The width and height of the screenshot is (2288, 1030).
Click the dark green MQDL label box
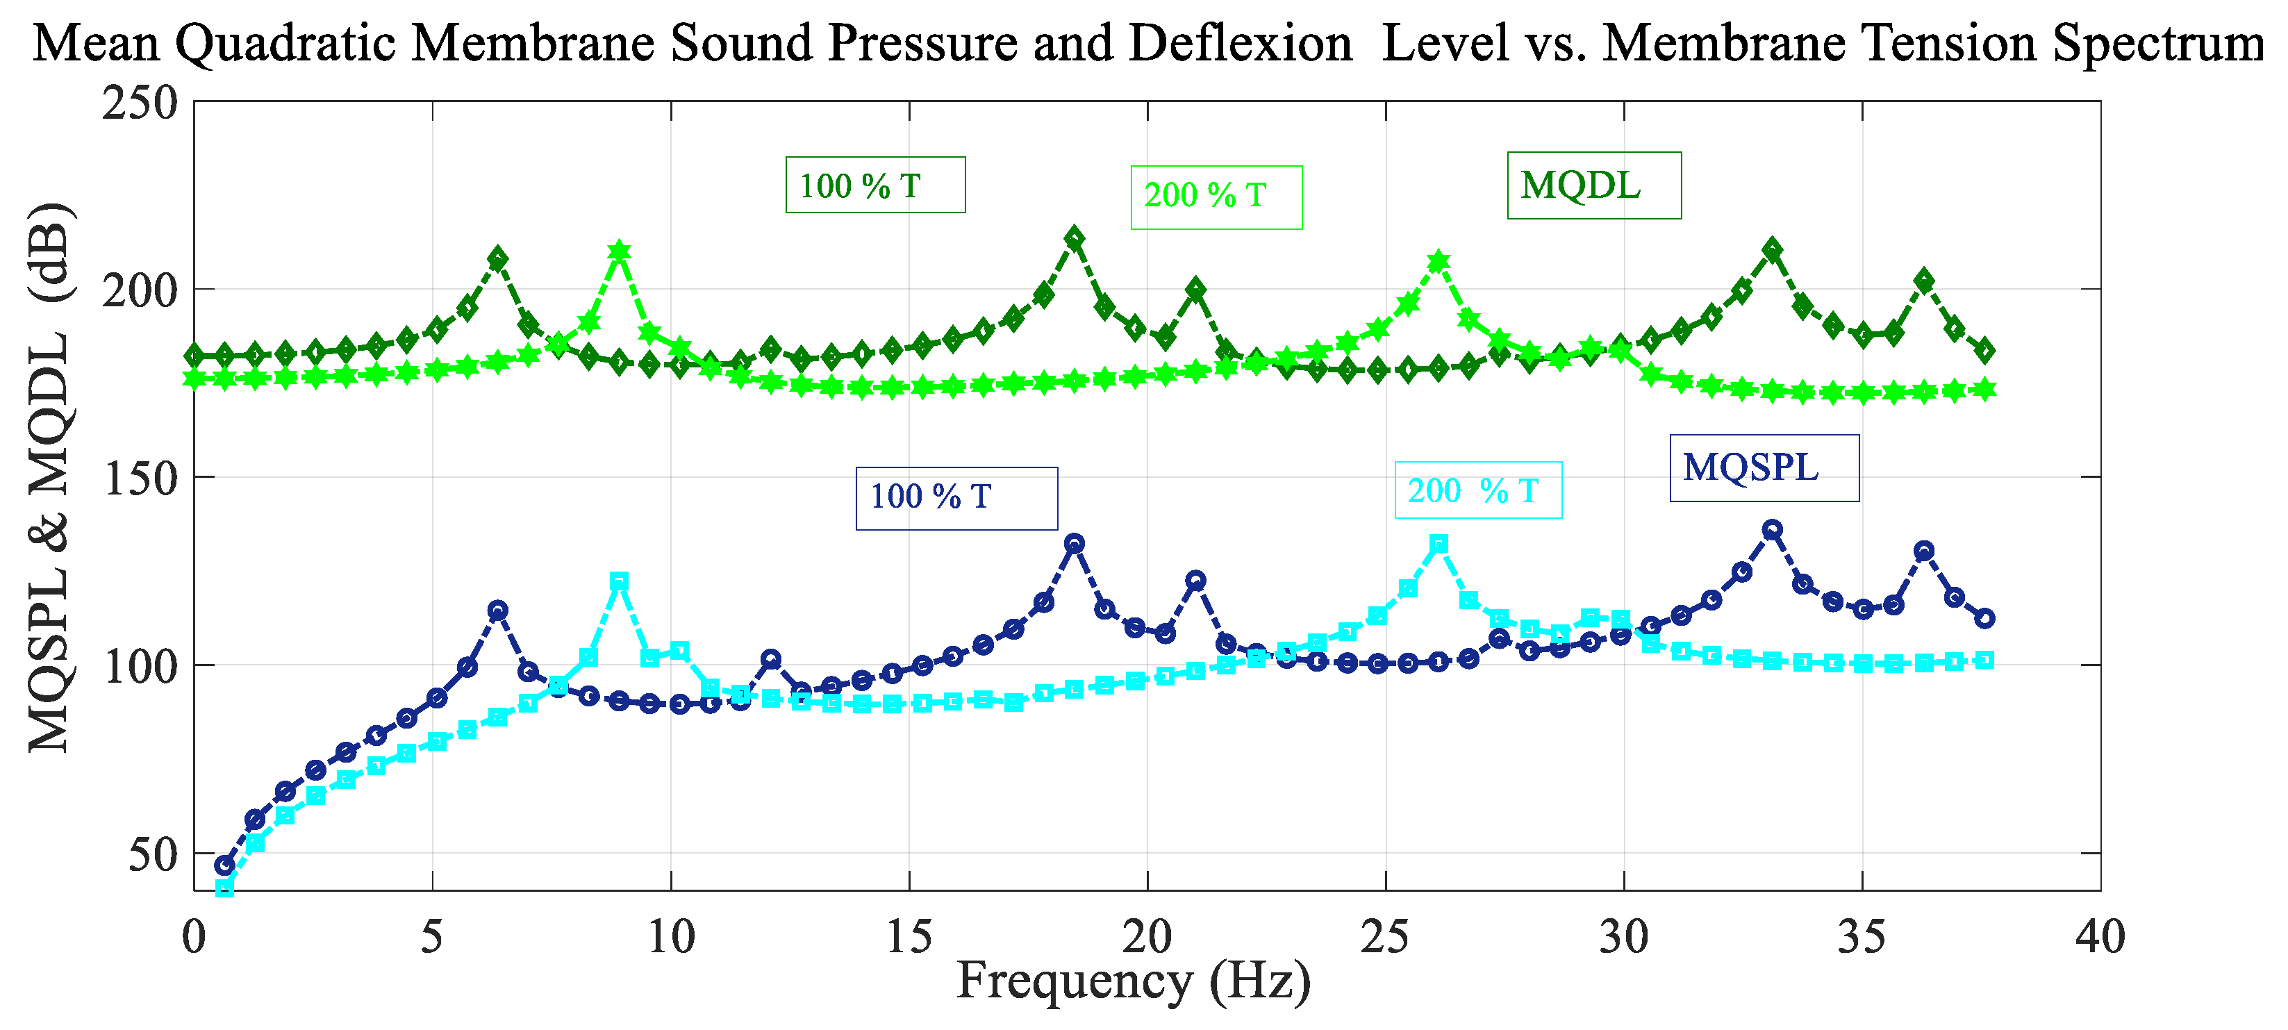coord(1593,185)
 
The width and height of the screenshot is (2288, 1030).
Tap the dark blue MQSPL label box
coord(1764,468)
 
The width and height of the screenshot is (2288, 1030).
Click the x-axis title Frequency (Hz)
coord(1134,981)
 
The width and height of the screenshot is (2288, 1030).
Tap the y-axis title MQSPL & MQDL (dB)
coord(49,478)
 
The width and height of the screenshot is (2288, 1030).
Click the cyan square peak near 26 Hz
coord(1440,543)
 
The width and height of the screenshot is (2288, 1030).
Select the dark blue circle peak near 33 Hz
coord(1772,530)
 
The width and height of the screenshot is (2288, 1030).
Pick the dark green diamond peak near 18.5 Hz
coord(1075,238)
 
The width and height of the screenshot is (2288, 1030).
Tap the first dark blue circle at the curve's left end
coord(225,865)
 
